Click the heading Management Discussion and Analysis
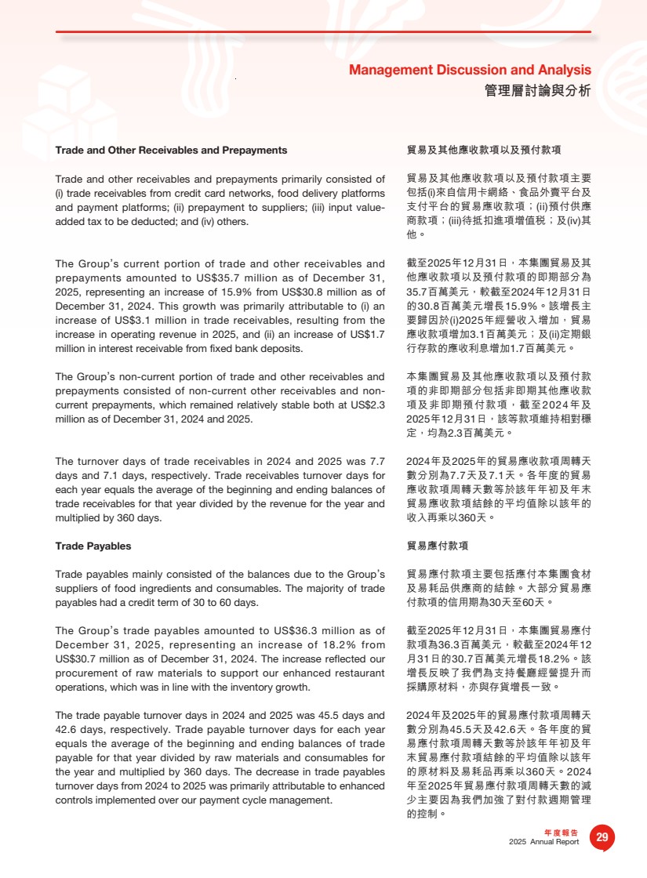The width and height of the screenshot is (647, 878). pyautogui.click(x=470, y=71)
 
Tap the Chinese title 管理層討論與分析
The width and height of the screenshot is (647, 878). pyautogui.click(x=538, y=91)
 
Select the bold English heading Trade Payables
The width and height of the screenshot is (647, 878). pyautogui.click(x=93, y=546)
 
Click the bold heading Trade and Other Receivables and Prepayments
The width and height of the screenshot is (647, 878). pyautogui.click(x=171, y=150)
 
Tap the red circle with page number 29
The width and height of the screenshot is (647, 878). pyautogui.click(x=602, y=837)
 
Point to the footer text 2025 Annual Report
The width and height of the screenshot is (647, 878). pyautogui.click(x=543, y=842)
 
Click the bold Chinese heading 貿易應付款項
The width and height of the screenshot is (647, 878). pyautogui.click(x=438, y=546)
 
